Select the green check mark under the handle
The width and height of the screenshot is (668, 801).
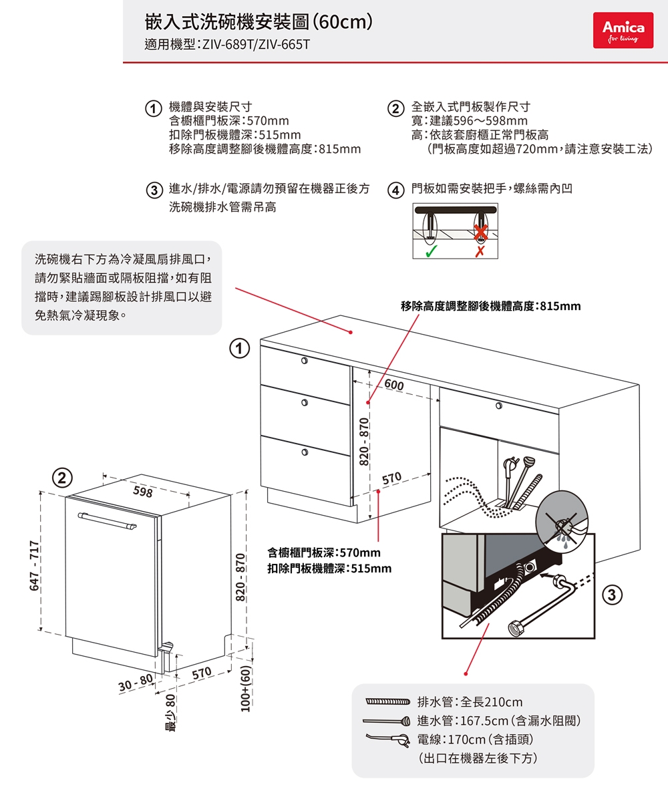[x=432, y=252]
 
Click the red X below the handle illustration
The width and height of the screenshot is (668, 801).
[x=480, y=252]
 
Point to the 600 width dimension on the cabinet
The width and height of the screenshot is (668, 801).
[x=394, y=387]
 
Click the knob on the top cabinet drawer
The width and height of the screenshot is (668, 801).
[x=304, y=361]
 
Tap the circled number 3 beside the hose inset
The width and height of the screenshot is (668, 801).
[x=613, y=593]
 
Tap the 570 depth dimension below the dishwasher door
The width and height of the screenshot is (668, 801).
[x=201, y=673]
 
